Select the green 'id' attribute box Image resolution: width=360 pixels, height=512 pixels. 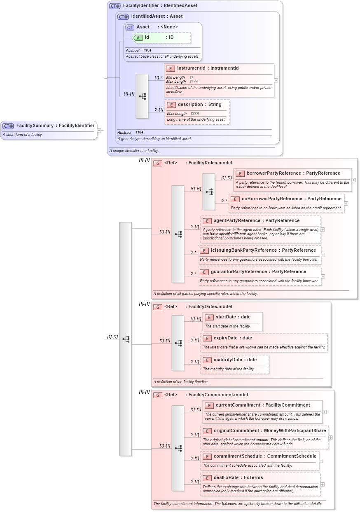[162, 37]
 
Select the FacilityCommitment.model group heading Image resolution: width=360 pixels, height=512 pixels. [218, 395]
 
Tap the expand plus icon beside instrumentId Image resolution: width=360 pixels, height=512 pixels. [276, 81]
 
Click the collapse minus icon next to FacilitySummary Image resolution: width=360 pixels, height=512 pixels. [99, 131]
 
